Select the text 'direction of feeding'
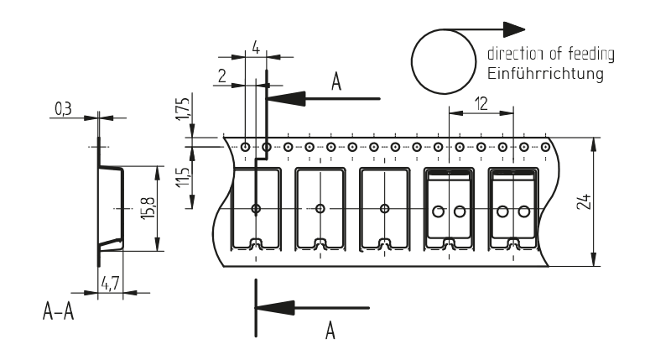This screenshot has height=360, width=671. click(x=550, y=54)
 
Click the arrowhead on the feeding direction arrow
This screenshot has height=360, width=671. click(x=502, y=30)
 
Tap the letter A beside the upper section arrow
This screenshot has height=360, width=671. click(x=337, y=81)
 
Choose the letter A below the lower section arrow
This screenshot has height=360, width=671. click(x=330, y=331)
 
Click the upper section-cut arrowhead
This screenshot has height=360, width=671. click(x=285, y=98)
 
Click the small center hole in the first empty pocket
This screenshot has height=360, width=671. click(x=257, y=209)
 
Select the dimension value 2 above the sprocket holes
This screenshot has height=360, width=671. click(x=222, y=76)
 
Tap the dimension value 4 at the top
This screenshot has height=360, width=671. click(x=255, y=48)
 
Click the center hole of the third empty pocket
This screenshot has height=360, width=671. click(x=384, y=209)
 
